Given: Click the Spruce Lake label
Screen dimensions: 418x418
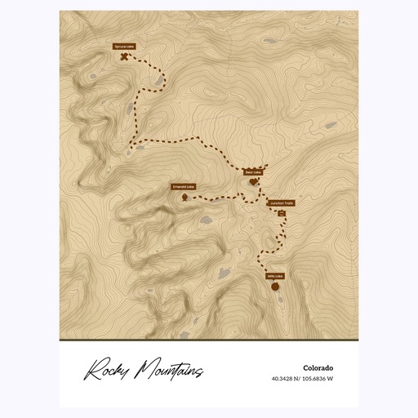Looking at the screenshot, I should pos(123,47).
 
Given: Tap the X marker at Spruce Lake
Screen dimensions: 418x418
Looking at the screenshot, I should pos(123,58).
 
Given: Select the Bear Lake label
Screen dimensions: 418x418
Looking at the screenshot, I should pos(253,172).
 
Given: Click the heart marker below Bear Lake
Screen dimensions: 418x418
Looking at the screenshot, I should pos(253,182).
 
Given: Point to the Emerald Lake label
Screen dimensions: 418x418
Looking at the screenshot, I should pos(182,187).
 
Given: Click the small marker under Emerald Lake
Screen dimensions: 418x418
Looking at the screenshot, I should pos(185,197).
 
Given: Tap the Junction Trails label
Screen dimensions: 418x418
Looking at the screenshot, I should pos(282,203).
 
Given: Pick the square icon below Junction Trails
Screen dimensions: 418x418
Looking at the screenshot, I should pos(282,213).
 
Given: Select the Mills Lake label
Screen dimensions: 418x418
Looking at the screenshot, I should pos(274,276).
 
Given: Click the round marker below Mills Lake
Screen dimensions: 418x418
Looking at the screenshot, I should pos(275,287).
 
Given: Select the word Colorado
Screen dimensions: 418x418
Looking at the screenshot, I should pos(317,367).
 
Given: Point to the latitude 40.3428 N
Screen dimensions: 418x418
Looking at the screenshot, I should pos(288,379).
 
